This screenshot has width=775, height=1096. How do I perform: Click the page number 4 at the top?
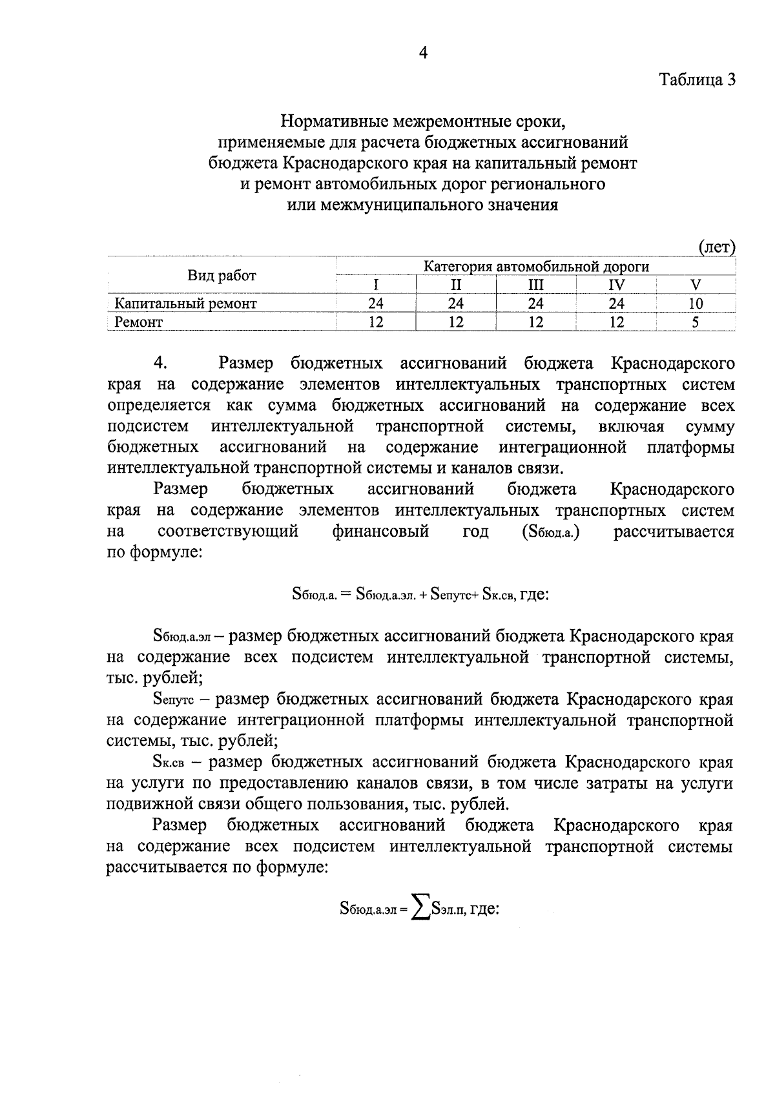pos(423,54)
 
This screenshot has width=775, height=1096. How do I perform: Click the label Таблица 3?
pos(697,79)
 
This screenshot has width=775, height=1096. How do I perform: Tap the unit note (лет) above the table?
pos(717,247)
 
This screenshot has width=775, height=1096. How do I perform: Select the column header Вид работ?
pos(222,276)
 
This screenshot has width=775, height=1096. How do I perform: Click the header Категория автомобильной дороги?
pos(535,266)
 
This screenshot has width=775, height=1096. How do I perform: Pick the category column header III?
pos(535,285)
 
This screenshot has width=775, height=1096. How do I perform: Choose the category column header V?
pos(696,285)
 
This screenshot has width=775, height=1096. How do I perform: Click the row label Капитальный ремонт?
pos(185,303)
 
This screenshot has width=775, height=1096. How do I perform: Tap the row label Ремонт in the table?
pos(138,322)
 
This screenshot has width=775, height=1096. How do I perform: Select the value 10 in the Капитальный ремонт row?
pos(696,303)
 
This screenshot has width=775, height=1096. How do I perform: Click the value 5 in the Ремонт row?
pos(696,322)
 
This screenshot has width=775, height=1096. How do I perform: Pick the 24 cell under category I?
pos(375,303)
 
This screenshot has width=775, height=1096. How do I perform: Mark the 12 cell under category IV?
pos(616,322)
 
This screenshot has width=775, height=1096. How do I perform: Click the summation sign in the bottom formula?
pos(422,910)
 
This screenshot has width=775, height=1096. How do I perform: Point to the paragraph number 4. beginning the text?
pos(161,363)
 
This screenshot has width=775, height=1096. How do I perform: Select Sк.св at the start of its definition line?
pos(169,763)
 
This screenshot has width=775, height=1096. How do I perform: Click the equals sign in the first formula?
pos(345,594)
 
